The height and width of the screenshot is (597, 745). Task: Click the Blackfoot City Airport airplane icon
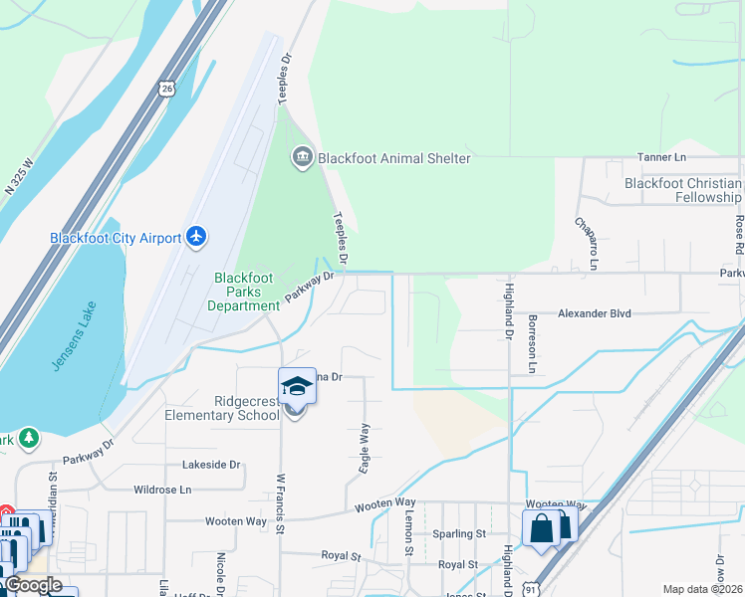pyautogui.click(x=196, y=237)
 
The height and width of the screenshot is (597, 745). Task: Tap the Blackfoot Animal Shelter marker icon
pyautogui.click(x=301, y=157)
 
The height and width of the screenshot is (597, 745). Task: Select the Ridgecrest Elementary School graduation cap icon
pyautogui.click(x=297, y=386)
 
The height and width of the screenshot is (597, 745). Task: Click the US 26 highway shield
pyautogui.click(x=167, y=89)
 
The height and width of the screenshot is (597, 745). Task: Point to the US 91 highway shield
pyautogui.click(x=534, y=589)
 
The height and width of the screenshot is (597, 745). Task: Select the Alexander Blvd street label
pyautogui.click(x=595, y=313)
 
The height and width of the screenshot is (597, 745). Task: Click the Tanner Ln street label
pyautogui.click(x=662, y=158)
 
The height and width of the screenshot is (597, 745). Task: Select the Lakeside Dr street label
pyautogui.click(x=212, y=465)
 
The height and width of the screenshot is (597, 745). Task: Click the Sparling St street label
pyautogui.click(x=459, y=533)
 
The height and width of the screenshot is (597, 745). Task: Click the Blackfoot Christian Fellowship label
pyautogui.click(x=683, y=190)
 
